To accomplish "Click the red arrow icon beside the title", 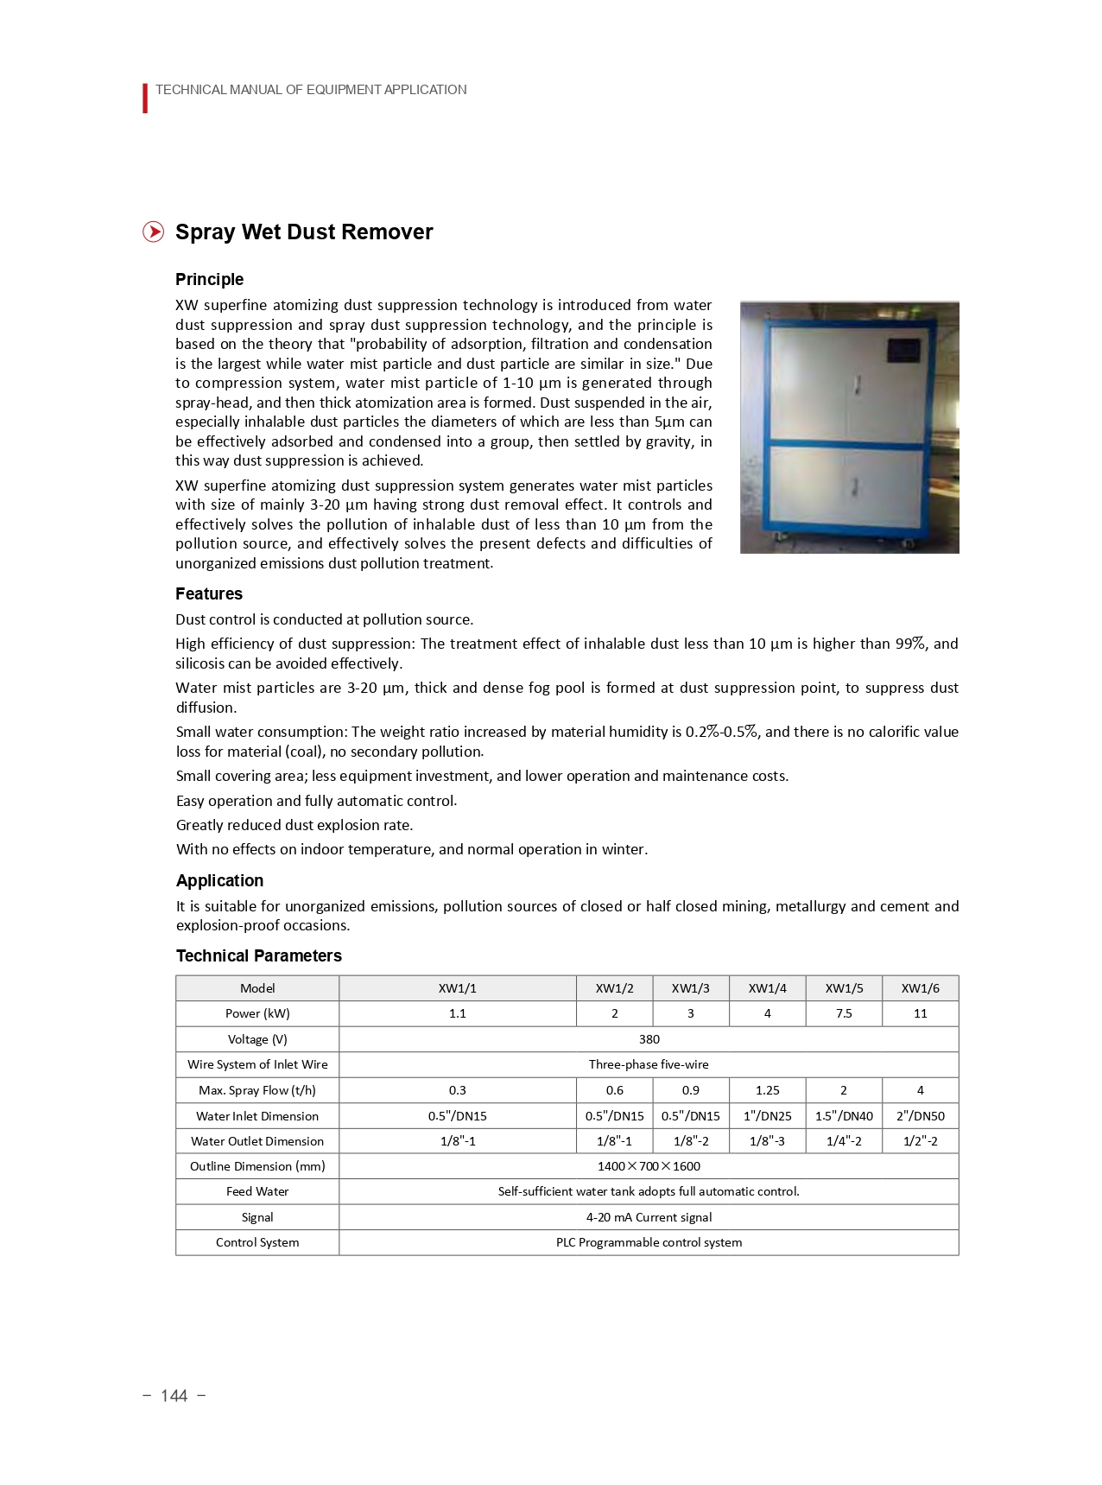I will click(153, 232).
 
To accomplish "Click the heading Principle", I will click(209, 279).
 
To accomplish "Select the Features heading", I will click(209, 593).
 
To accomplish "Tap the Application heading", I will click(219, 880).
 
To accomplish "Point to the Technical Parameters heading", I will click(259, 955).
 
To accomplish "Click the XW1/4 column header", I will click(767, 988).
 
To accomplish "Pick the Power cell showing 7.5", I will click(844, 1013).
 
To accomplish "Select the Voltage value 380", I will click(649, 1039).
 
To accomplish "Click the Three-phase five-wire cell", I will click(649, 1064).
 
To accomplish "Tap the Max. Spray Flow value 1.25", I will click(767, 1090).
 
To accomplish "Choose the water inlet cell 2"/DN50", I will click(920, 1116).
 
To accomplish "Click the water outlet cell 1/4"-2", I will click(844, 1141).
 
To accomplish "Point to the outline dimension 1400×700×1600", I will click(649, 1166).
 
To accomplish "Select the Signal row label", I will click(257, 1217).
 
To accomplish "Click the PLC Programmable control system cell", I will click(649, 1242).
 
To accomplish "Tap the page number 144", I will click(174, 1396).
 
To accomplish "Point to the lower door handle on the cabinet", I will click(855, 487).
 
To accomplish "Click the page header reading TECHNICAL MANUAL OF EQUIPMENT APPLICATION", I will click(311, 90).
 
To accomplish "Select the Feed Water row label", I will click(257, 1191).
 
